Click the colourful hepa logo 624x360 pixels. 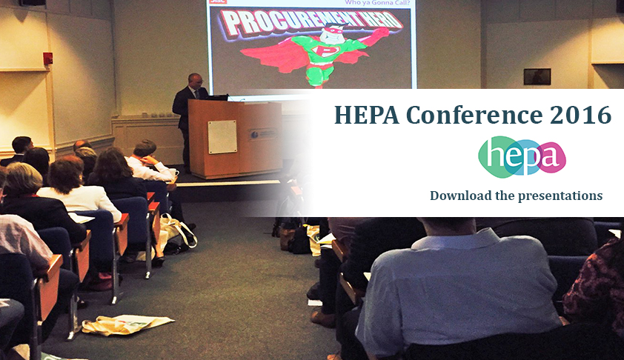coord(522,157)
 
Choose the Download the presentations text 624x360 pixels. coord(516,196)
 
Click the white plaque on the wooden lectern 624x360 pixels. coord(222,136)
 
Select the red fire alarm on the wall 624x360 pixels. coord(48,59)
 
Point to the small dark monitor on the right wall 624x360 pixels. coord(537,76)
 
